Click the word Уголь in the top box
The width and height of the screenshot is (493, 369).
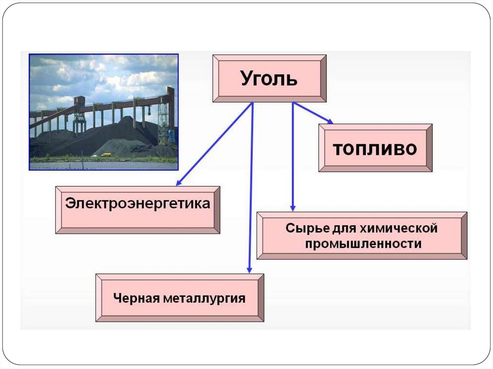(x=269, y=78)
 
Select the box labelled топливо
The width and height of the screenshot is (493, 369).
(x=375, y=148)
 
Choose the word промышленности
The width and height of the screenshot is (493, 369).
(x=363, y=244)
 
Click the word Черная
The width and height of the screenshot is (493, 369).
(x=136, y=298)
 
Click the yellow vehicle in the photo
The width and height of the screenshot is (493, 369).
(x=105, y=154)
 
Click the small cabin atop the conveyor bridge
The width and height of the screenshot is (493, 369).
(x=79, y=101)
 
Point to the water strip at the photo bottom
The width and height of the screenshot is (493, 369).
(x=104, y=165)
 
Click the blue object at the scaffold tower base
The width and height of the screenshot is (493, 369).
(x=171, y=137)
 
